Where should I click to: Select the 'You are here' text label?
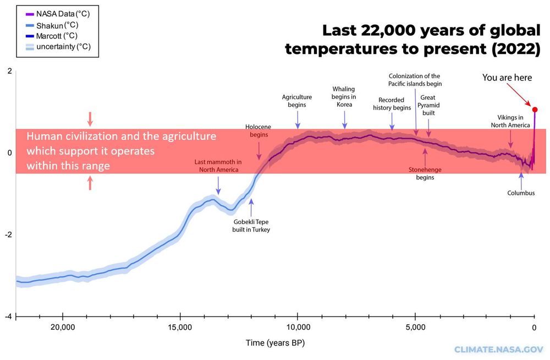tap(507, 78)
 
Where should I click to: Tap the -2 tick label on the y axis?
tap(8, 235)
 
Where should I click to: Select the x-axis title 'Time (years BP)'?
tap(275, 343)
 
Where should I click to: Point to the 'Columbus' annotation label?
tap(521, 193)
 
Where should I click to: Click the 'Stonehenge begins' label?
tap(425, 173)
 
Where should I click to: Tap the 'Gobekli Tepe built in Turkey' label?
tap(251, 226)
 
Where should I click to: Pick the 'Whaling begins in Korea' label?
tap(344, 96)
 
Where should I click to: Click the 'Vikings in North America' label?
tap(511, 121)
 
